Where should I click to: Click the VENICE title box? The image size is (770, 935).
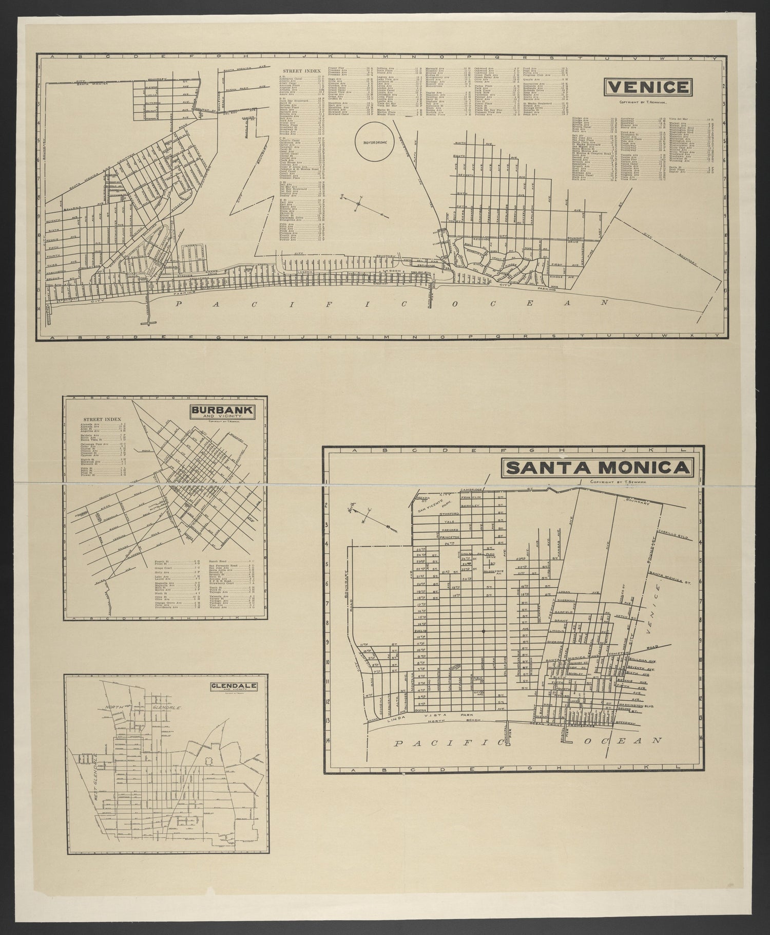coord(648,87)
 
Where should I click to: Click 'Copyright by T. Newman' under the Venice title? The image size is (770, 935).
coord(648,102)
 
